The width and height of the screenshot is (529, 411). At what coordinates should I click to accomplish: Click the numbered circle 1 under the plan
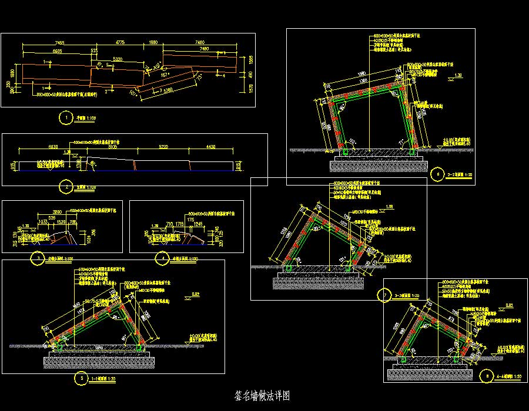pos(63,118)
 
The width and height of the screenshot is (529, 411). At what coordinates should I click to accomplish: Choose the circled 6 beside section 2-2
pos(436,174)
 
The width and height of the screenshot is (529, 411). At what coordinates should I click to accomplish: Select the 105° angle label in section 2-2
pos(351,142)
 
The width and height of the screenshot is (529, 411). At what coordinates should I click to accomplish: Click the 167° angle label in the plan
pos(166,75)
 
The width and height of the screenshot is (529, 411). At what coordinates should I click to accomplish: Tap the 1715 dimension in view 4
pos(180,224)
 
